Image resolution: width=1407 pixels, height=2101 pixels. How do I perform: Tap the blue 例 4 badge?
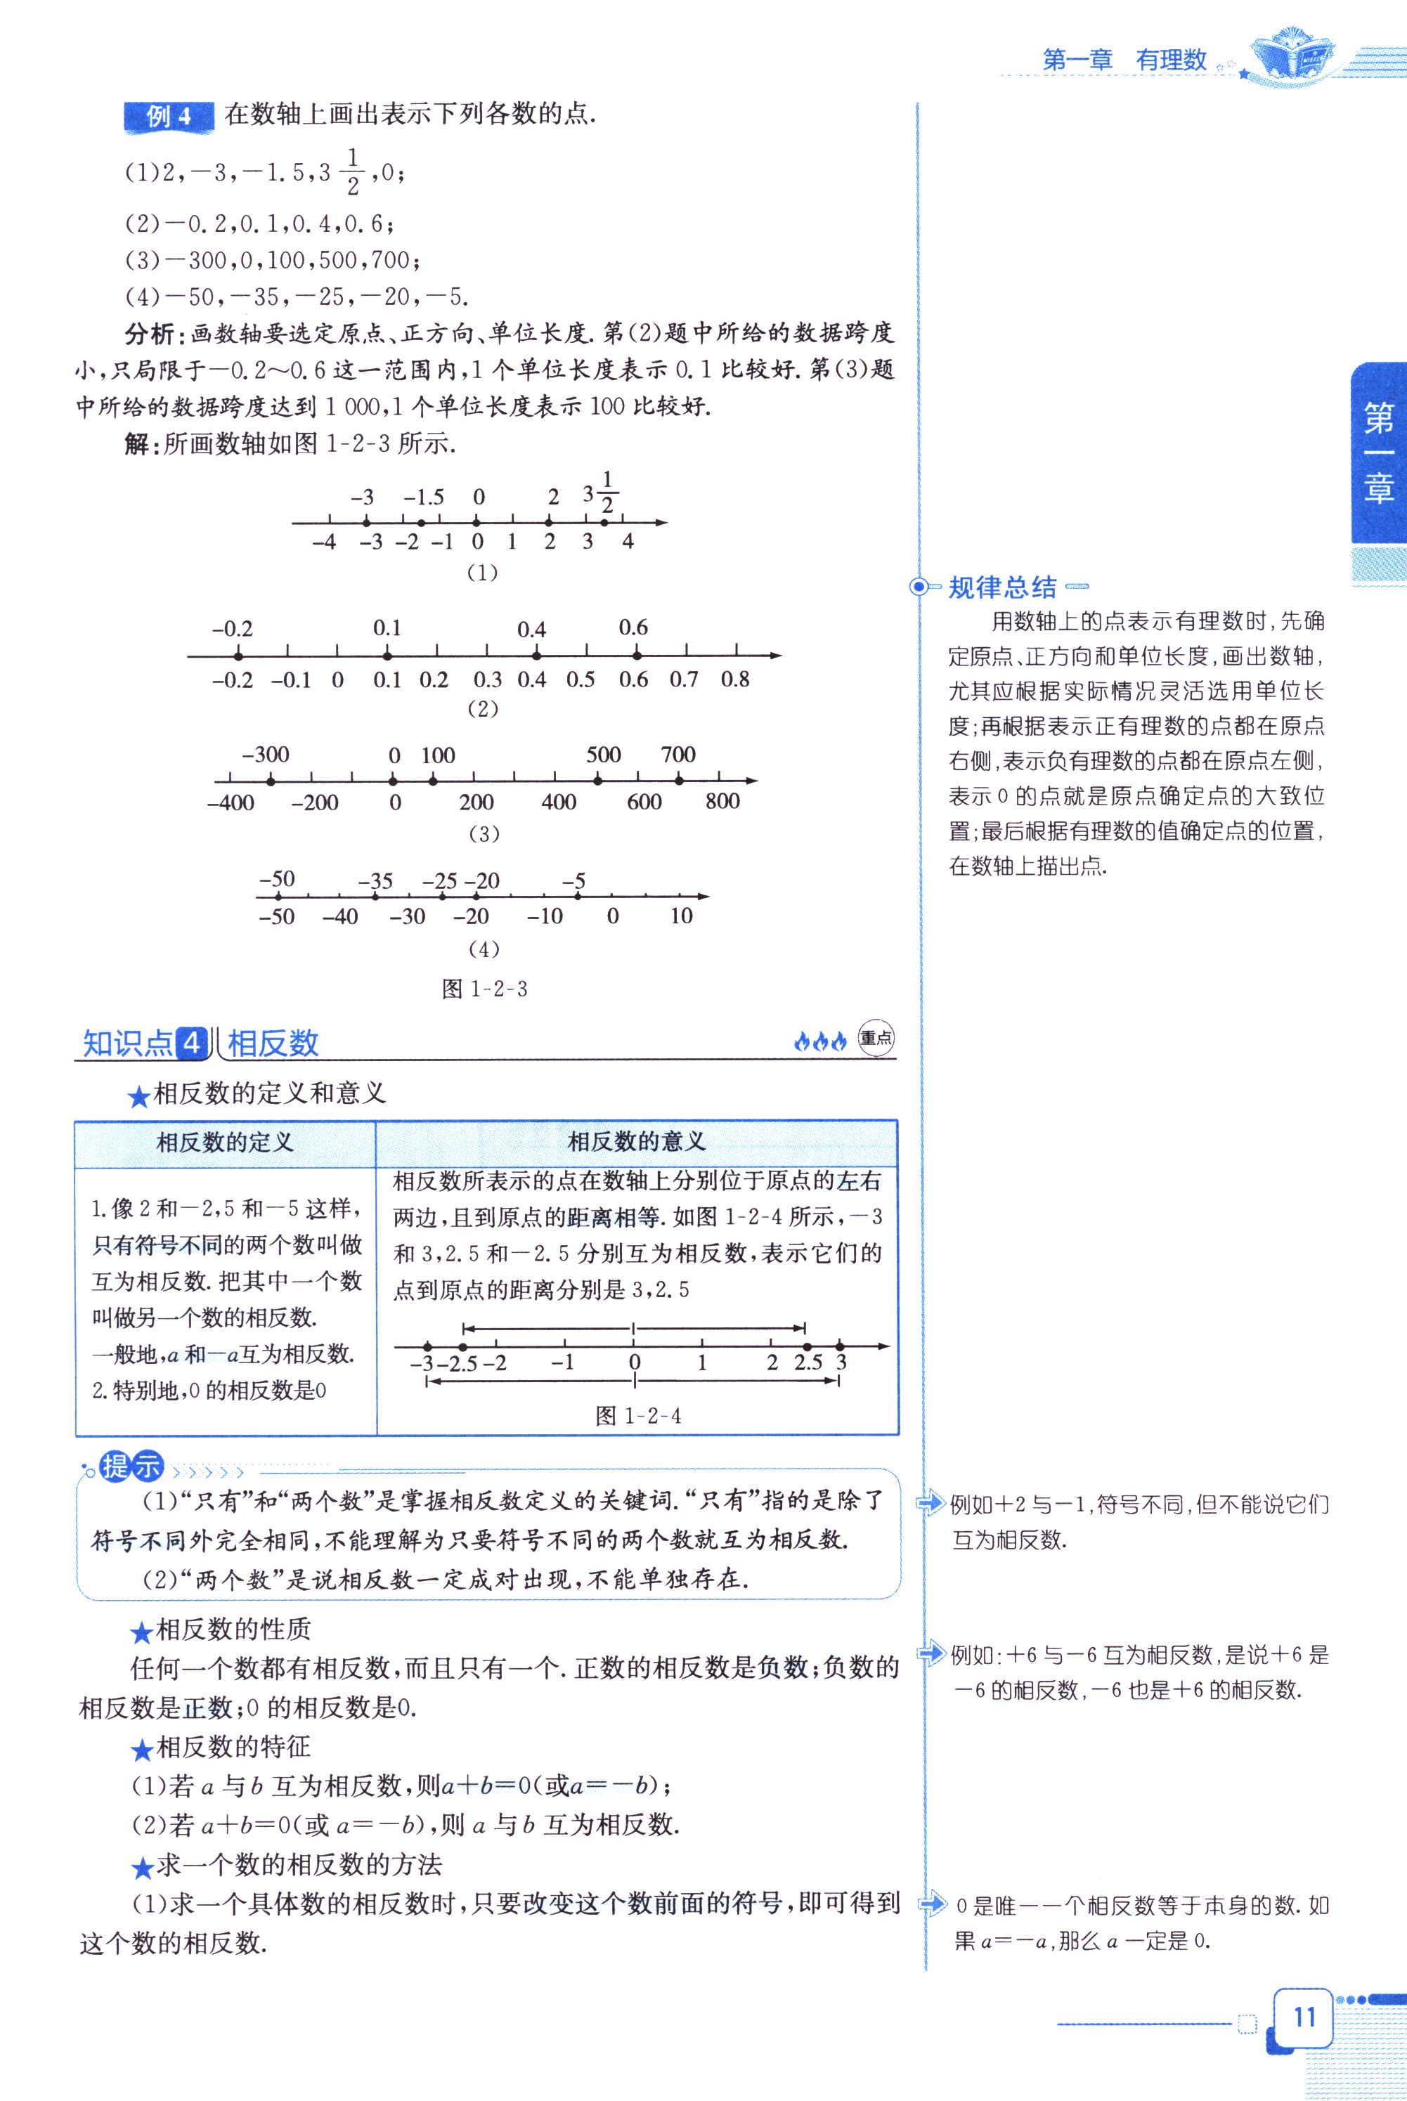(x=169, y=117)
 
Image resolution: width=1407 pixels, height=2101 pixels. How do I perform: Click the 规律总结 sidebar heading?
(x=1002, y=587)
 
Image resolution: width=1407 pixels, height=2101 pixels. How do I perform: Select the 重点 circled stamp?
(x=876, y=1039)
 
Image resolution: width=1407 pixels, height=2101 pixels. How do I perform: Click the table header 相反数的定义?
(x=224, y=1142)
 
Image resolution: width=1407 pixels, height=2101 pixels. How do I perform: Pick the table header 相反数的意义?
(x=636, y=1141)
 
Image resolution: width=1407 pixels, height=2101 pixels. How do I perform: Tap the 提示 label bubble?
(x=131, y=1466)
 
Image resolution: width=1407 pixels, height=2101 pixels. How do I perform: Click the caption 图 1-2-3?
(x=484, y=989)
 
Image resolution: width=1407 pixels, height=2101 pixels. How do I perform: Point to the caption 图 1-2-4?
(x=638, y=1416)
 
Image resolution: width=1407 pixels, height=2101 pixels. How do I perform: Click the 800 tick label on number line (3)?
(x=722, y=801)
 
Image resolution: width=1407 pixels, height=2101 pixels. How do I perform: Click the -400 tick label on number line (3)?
(x=231, y=802)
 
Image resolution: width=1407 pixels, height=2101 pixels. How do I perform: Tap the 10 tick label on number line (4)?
(x=681, y=916)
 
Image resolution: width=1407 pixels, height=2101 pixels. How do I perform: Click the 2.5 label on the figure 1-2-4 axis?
(x=808, y=1362)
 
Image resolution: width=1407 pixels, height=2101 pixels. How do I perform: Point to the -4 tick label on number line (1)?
(x=324, y=542)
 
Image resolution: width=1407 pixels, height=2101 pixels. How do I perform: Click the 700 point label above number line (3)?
(x=677, y=755)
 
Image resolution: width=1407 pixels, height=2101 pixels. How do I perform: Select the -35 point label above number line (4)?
(x=375, y=881)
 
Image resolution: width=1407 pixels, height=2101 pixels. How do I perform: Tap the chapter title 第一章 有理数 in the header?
(x=1124, y=60)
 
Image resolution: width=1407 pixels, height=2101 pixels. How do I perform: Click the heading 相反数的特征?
(x=233, y=1747)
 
